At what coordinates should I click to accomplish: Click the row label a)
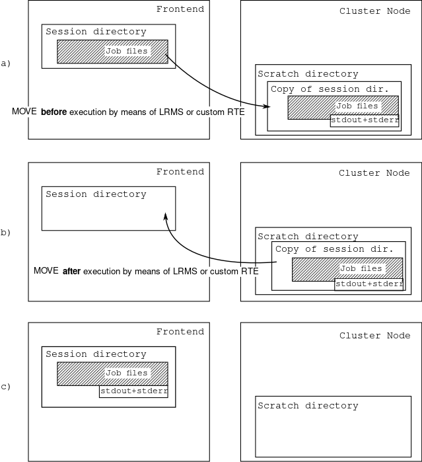point(6,63)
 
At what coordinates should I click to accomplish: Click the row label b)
point(6,233)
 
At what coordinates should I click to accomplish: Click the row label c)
point(6,386)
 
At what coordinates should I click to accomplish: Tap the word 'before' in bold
point(54,112)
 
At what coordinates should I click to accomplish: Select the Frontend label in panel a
point(180,9)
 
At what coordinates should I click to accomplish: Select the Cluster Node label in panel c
point(374,336)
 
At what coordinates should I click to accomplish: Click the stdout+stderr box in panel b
point(369,284)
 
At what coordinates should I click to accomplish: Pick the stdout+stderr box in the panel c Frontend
point(133,391)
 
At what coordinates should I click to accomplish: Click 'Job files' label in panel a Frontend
point(127,50)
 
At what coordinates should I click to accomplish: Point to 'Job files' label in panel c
point(127,373)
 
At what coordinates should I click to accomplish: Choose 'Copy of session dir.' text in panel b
point(334,249)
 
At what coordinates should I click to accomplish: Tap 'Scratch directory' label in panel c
point(308,406)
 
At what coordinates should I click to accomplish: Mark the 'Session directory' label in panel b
point(96,194)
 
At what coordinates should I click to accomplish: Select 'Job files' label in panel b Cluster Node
point(361,268)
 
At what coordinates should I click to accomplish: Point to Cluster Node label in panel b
point(374,173)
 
